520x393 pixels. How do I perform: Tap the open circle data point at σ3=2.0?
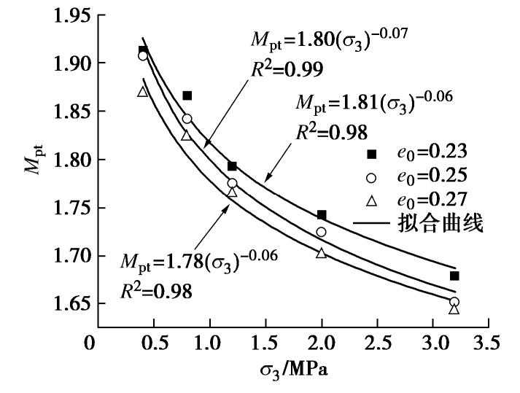pyautogui.click(x=322, y=232)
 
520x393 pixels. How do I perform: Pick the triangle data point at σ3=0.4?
pyautogui.click(x=143, y=92)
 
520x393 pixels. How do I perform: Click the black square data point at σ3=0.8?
pyautogui.click(x=187, y=96)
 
